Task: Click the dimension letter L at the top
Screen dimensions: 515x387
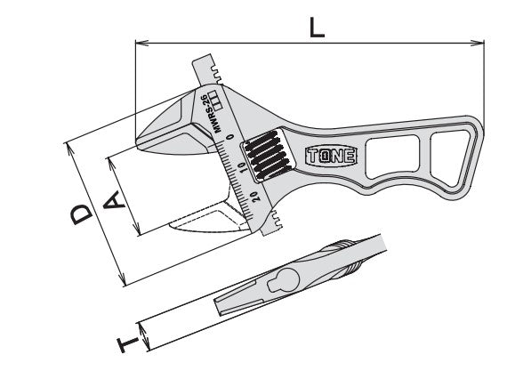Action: (317, 28)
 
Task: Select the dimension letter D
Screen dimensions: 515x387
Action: (82, 214)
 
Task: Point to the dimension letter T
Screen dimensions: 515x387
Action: (128, 343)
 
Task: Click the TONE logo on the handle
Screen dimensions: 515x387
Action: (331, 156)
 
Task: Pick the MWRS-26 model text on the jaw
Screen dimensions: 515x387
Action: (211, 113)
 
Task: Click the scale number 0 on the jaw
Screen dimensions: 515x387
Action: (230, 137)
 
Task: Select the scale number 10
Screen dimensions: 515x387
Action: (243, 166)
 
